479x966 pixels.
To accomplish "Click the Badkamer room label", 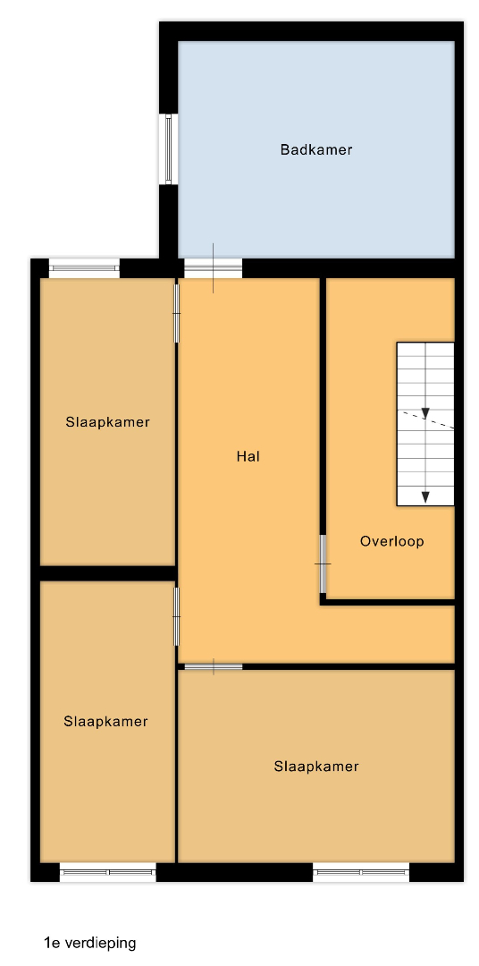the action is coord(315,149).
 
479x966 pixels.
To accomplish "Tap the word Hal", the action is coord(248,456).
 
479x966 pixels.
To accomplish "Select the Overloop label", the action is coord(392,541).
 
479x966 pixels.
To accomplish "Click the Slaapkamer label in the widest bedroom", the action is coord(315,767).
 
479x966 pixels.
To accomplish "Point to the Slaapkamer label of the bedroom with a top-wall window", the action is coord(107,422).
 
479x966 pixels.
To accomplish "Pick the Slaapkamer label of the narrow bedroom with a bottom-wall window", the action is coord(105,722).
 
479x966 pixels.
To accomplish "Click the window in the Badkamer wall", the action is coord(168,148).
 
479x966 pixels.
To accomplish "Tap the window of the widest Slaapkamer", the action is coord(361,872).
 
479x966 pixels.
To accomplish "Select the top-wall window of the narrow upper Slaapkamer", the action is coord(84,268).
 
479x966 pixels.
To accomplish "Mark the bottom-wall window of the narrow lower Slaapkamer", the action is coord(108,872).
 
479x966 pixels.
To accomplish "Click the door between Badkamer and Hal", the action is coord(213,268).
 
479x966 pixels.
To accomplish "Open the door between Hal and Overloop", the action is coord(323,563).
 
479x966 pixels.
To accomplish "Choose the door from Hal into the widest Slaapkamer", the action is coord(214,666).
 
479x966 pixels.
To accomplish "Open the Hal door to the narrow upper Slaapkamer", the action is coord(177,313).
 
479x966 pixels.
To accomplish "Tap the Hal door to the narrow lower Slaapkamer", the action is coord(177,616).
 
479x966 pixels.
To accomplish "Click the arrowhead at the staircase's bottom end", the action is coord(424,497).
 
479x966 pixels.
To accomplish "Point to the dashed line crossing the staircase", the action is coord(426,419).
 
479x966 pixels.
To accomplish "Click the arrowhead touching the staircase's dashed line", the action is coord(424,412).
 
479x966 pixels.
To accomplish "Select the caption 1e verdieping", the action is coord(90,943).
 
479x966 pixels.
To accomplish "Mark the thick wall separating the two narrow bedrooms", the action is coord(108,573).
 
